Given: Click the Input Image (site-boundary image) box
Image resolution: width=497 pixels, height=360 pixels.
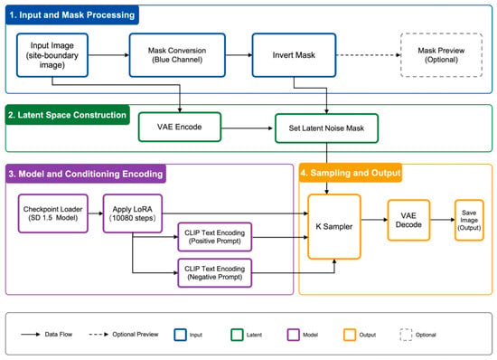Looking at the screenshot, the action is point(52,55).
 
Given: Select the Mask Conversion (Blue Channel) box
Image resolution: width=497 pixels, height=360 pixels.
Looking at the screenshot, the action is point(177,55).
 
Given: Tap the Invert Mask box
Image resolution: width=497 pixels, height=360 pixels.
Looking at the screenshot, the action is point(294,55).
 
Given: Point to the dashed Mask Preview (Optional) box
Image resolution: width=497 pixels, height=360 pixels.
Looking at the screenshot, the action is point(441,55).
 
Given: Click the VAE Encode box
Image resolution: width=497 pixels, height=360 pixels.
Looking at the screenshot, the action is point(180,127).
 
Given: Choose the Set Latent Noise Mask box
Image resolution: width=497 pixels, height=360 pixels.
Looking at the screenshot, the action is point(326,128).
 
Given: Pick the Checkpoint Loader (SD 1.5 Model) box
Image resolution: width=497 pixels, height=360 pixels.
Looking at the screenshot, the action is point(53,213).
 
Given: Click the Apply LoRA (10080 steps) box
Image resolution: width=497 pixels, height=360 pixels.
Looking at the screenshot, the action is point(133,213).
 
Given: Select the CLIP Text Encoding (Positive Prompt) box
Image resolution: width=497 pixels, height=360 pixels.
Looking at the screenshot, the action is point(214,237).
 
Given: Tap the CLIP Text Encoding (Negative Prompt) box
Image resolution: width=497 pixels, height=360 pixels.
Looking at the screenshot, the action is point(214,273).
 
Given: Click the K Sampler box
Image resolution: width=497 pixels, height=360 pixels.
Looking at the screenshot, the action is point(334,226).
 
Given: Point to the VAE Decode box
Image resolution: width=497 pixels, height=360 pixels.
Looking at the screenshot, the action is point(408,220).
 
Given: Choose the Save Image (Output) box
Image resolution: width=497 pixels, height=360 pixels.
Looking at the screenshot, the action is point(469,220).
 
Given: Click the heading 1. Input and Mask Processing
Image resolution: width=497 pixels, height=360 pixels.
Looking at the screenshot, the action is point(72,14).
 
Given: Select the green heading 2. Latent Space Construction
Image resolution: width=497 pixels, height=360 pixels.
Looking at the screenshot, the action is point(67,115).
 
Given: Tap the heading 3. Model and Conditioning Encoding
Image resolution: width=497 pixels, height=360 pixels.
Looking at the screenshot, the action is point(86,174).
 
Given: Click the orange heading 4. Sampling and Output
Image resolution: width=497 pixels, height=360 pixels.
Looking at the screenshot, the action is point(351,173).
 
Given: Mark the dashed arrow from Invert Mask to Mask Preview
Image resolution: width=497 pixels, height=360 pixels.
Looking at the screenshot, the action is point(369,55).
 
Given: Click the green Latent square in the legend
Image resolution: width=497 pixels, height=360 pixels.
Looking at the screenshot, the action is point(237,335).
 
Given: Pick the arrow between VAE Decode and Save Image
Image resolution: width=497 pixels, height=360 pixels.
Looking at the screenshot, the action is point(443,220).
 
